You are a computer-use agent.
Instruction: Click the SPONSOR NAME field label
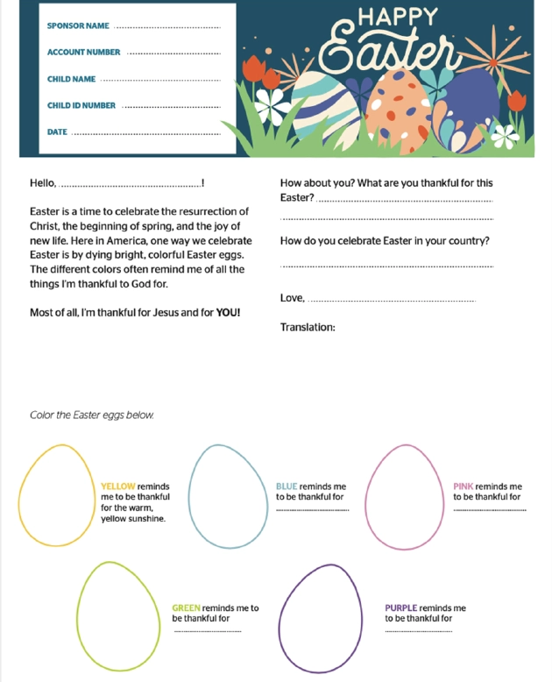click(x=78, y=26)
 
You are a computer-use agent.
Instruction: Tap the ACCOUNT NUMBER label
click(x=83, y=53)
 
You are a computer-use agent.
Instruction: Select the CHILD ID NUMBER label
click(x=81, y=105)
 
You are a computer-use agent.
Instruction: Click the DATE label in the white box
click(x=57, y=131)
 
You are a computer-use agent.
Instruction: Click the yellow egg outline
click(x=57, y=501)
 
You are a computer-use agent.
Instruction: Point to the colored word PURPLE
click(x=400, y=607)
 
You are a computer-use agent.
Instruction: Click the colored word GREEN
click(x=186, y=607)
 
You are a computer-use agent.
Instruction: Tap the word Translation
click(x=308, y=327)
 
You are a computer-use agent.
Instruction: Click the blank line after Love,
click(x=393, y=301)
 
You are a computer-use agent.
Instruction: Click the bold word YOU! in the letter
click(x=227, y=312)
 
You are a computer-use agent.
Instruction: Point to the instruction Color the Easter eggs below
click(x=92, y=415)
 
